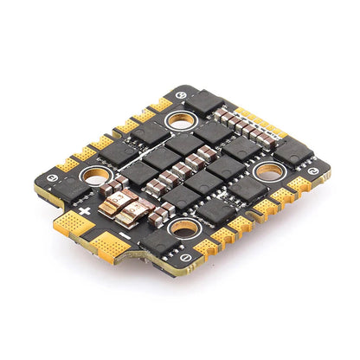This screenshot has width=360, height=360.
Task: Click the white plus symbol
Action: coord(85,211)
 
